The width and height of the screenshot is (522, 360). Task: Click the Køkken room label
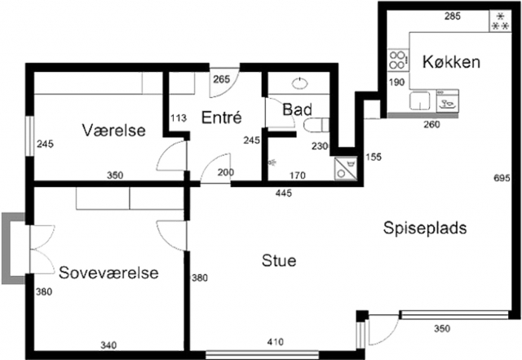pyautogui.click(x=451, y=62)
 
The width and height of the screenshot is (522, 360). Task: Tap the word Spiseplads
pyautogui.click(x=425, y=229)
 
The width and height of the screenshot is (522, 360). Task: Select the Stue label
pyautogui.click(x=279, y=260)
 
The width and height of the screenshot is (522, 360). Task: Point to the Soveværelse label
pyautogui.click(x=108, y=273)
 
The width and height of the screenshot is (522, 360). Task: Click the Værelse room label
pyautogui.click(x=114, y=130)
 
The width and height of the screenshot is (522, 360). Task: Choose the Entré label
pyautogui.click(x=221, y=118)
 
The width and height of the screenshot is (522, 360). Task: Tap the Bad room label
pyautogui.click(x=297, y=109)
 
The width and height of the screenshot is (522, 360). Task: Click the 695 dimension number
pyautogui.click(x=502, y=178)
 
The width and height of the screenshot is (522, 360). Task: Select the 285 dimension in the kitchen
pyautogui.click(x=453, y=16)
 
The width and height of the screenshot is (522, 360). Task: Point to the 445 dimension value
pyautogui.click(x=284, y=193)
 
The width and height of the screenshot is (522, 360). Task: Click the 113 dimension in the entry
pyautogui.click(x=179, y=118)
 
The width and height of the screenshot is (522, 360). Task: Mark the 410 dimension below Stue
pyautogui.click(x=276, y=342)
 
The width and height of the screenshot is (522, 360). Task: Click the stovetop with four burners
pyautogui.click(x=398, y=60)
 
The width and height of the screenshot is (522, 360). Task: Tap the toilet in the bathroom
pyautogui.click(x=316, y=125)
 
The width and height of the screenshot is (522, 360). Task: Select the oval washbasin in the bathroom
pyautogui.click(x=299, y=83)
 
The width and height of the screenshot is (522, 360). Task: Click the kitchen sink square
pyautogui.click(x=420, y=101)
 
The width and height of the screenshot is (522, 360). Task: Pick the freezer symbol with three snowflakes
pyautogui.click(x=501, y=21)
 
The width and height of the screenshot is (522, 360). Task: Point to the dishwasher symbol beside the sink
pyautogui.click(x=448, y=100)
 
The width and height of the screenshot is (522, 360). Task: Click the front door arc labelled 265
pyautogui.click(x=224, y=82)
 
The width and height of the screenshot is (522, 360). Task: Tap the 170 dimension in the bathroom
pyautogui.click(x=297, y=176)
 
